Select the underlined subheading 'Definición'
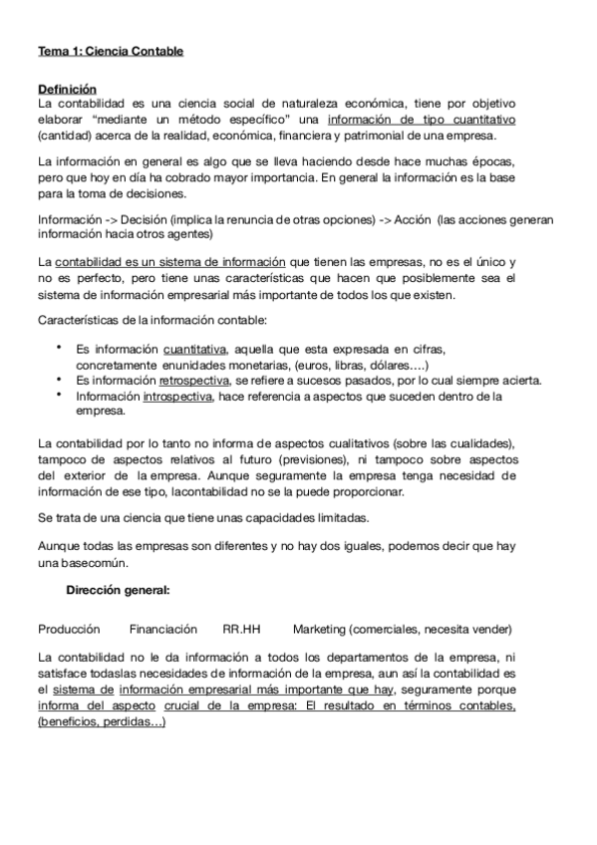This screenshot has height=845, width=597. (67, 88)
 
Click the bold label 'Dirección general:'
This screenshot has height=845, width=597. (118, 590)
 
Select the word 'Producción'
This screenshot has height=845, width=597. (69, 630)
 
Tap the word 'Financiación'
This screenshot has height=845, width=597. (163, 630)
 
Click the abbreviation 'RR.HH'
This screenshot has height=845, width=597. (241, 630)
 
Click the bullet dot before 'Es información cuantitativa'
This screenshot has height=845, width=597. (61, 348)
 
